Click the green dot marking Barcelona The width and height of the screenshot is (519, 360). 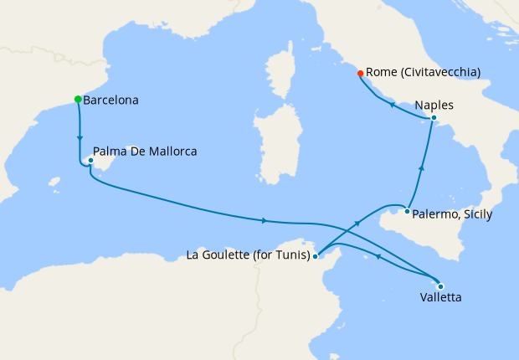tap(78, 100)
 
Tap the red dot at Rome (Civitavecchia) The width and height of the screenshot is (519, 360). tap(360, 73)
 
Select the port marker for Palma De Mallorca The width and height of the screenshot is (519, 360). tap(90, 160)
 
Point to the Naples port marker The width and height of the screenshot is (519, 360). tap(433, 119)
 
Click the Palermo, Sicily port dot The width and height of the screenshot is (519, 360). tap(408, 211)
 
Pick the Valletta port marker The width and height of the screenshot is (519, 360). tap(440, 286)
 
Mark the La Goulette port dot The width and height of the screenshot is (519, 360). tap(315, 256)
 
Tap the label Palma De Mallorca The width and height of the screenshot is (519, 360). tap(145, 152)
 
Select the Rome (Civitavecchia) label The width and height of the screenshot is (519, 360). tap(423, 73)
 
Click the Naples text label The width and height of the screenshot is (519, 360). tap(434, 105)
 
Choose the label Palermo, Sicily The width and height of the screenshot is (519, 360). tap(453, 215)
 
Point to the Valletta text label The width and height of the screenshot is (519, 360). tap(440, 297)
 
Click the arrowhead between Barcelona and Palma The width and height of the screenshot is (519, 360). tap(80, 138)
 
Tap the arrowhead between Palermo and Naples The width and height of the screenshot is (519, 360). tap(421, 168)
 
